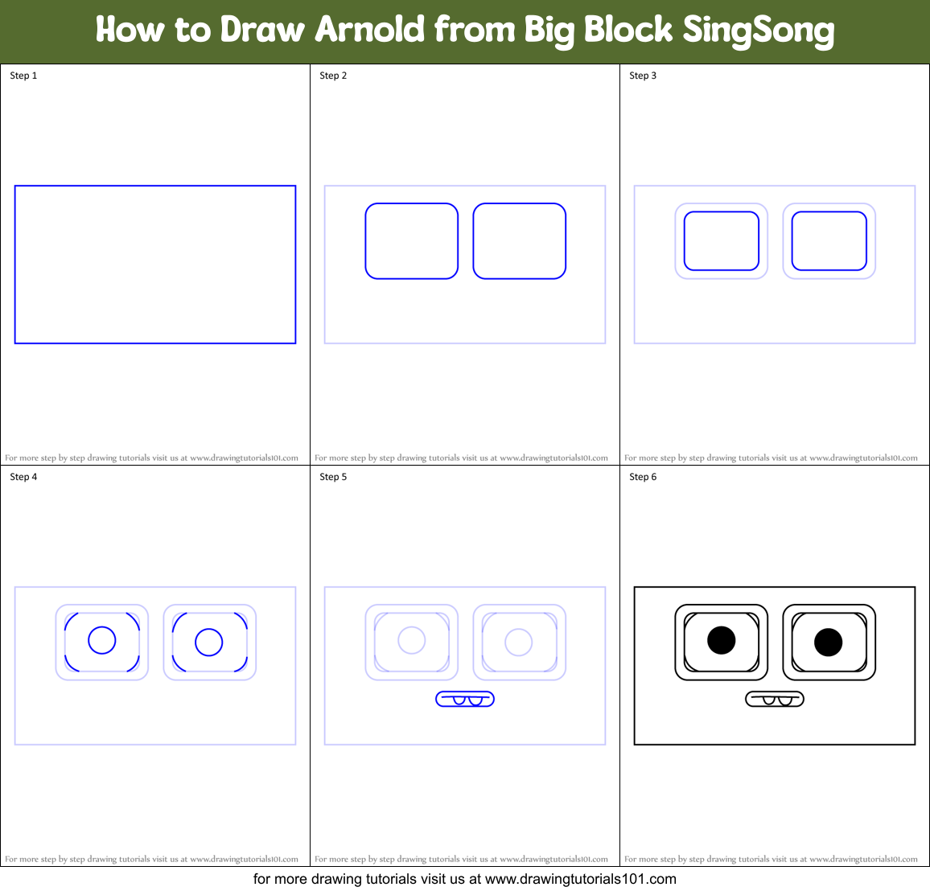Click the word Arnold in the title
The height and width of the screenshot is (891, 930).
point(369,30)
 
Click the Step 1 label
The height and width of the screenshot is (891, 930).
point(23,76)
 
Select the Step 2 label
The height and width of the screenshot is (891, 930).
point(333,76)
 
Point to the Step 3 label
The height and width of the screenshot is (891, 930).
point(643,76)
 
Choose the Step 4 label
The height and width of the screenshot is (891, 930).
point(23,477)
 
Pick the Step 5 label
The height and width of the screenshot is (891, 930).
point(333,477)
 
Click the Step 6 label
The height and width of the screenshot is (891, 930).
point(643,477)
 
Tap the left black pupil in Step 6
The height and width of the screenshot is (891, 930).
point(721,640)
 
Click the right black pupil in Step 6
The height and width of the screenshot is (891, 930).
point(828,643)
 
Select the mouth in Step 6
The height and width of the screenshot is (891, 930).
point(774,699)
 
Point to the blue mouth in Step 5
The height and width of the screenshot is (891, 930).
point(465,699)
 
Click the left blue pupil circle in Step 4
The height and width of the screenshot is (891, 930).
point(102,640)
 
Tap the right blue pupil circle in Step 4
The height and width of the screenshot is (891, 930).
point(209,643)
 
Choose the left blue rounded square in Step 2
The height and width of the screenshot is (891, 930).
point(411,241)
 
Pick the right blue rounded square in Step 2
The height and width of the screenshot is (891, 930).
point(519,241)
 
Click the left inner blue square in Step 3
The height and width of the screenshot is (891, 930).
point(721,241)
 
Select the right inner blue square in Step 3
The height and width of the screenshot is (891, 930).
point(829,241)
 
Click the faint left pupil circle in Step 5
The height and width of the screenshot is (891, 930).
point(412,640)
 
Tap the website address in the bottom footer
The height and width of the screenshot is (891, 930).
point(580,879)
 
